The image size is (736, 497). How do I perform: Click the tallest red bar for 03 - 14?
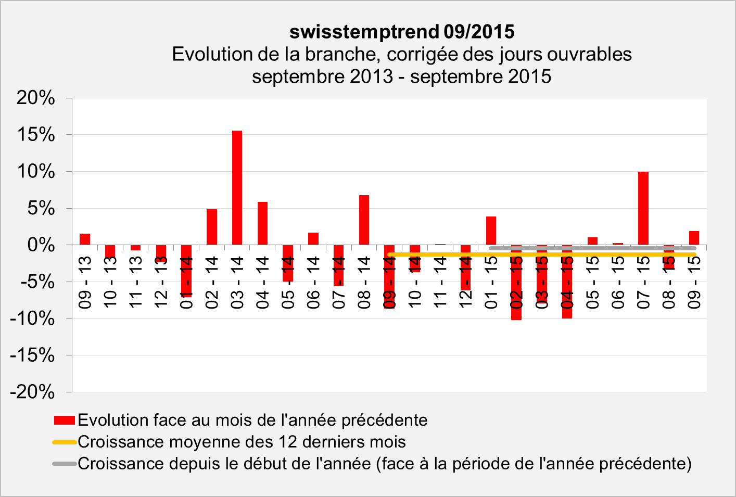(x=237, y=187)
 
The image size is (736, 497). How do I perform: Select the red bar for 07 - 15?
(x=643, y=208)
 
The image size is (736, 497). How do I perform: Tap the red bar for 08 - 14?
(x=364, y=220)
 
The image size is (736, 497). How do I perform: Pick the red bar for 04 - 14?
(x=262, y=223)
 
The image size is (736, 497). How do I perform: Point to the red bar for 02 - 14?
(x=212, y=227)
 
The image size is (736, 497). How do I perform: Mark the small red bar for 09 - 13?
(x=85, y=239)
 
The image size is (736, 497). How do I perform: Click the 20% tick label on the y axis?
(x=36, y=98)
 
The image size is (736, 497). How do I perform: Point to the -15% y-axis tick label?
(x=33, y=355)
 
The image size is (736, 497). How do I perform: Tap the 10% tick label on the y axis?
(x=36, y=171)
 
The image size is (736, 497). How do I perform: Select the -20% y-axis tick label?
(x=33, y=392)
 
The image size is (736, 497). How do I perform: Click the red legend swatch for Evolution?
(x=65, y=420)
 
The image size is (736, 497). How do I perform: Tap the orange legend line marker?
(x=65, y=442)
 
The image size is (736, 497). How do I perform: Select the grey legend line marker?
(x=65, y=464)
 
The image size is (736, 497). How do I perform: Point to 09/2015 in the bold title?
(x=479, y=32)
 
